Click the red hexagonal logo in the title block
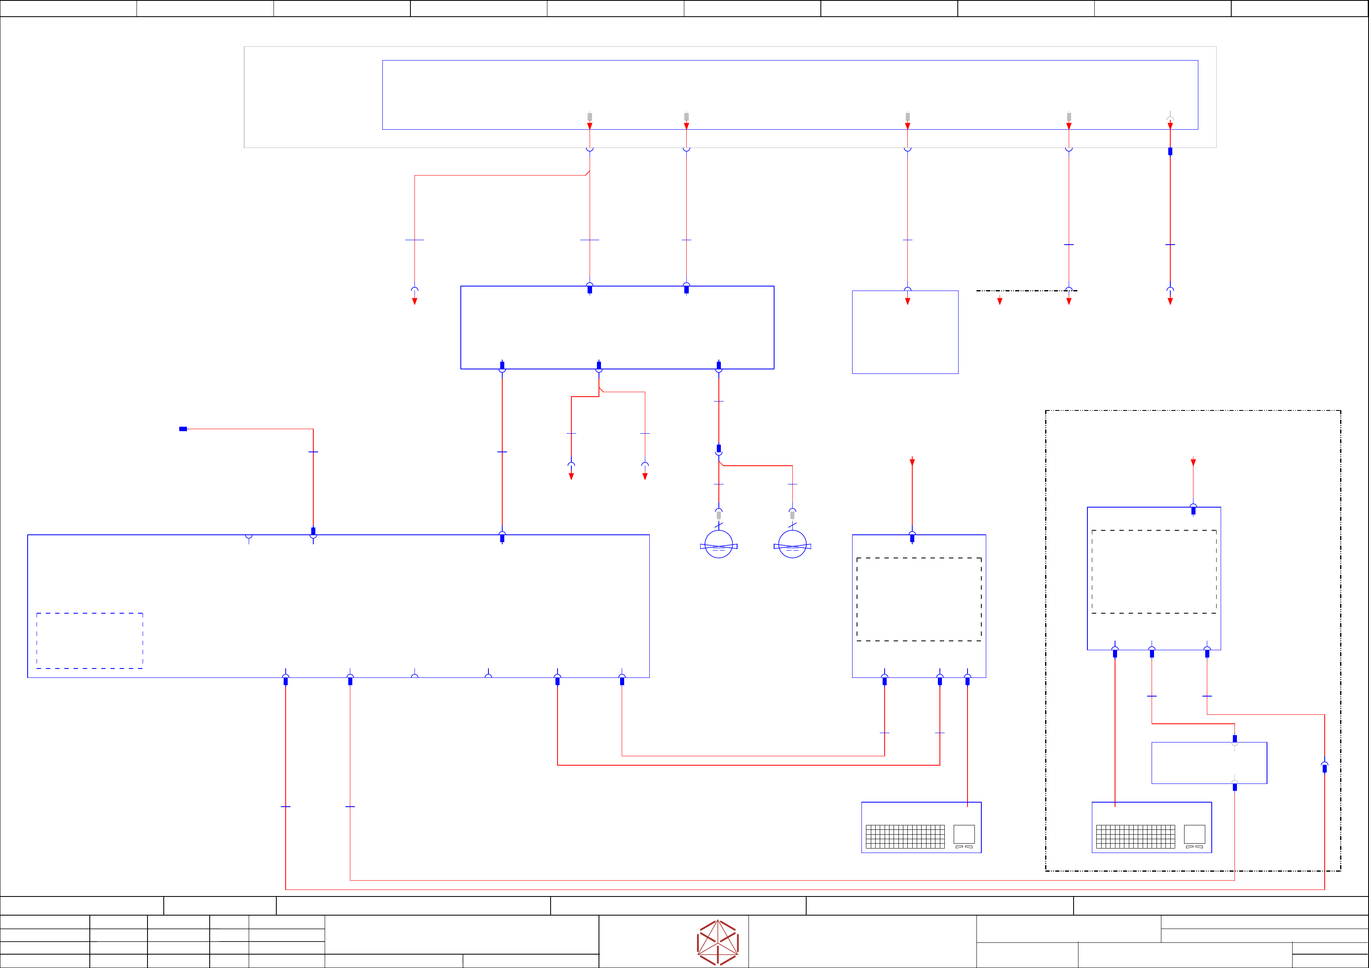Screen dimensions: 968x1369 pyautogui.click(x=718, y=942)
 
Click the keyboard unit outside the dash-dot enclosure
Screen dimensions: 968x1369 pyautogui.click(x=921, y=827)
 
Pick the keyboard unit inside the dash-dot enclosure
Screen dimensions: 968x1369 pyautogui.click(x=1151, y=827)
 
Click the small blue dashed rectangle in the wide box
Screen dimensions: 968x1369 pyautogui.click(x=89, y=640)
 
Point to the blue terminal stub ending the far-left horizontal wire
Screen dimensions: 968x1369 pyautogui.click(x=183, y=429)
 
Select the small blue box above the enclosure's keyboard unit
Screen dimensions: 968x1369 pyautogui.click(x=1209, y=763)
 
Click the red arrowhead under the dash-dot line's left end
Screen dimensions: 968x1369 pyautogui.click(x=1000, y=301)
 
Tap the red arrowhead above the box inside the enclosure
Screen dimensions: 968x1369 pyautogui.click(x=1193, y=462)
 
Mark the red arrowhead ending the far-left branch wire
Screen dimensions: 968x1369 pyautogui.click(x=414, y=301)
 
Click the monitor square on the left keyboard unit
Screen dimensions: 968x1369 pyautogui.click(x=964, y=834)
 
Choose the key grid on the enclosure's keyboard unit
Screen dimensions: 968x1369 pyautogui.click(x=1135, y=837)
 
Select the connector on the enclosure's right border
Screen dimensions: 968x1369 pyautogui.click(x=1324, y=768)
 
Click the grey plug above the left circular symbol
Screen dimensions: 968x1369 pyautogui.click(x=718, y=515)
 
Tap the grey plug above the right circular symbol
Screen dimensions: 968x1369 pyautogui.click(x=792, y=515)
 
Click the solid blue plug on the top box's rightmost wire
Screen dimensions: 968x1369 pyautogui.click(x=1170, y=152)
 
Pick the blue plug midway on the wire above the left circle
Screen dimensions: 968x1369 pyautogui.click(x=718, y=449)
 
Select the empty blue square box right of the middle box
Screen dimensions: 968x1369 pyautogui.click(x=905, y=332)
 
